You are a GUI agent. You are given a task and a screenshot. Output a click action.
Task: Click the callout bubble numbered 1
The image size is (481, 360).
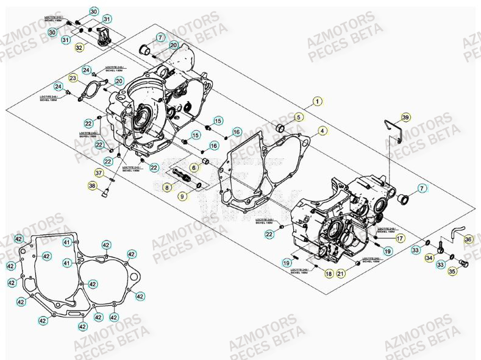tap(317, 102)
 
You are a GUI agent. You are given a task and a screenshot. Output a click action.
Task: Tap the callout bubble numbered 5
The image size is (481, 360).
tap(299, 116)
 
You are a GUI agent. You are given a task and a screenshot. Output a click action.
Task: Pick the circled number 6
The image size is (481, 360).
tap(193, 168)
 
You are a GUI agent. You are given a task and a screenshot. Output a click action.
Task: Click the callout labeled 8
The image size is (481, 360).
tap(166, 189)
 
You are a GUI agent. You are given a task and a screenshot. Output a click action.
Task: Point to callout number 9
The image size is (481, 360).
tap(182, 196)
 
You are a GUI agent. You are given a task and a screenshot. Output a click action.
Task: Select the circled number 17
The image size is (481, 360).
tap(401, 240)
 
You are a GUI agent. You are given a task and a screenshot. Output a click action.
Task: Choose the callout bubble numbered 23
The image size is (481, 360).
tap(73, 78)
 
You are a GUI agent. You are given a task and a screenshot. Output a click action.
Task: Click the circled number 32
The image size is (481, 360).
tap(80, 48)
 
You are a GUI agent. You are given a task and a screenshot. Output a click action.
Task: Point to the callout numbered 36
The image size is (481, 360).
tap(468, 239)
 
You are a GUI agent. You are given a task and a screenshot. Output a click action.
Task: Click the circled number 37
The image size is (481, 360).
tap(98, 172)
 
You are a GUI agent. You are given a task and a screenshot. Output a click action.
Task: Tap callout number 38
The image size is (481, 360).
tap(93, 186)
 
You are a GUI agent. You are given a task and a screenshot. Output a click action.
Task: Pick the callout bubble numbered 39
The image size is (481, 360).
tap(406, 118)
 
